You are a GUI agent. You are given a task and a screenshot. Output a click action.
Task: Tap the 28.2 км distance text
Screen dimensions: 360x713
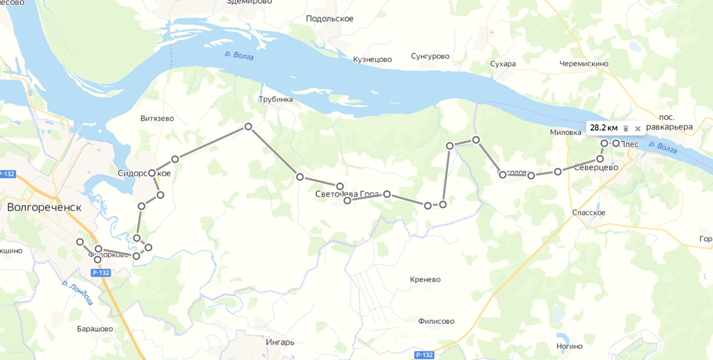point(604,128)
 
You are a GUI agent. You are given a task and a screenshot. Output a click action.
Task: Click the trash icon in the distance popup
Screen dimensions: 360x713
point(626,128)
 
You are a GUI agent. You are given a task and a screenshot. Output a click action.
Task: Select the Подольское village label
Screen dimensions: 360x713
point(330,18)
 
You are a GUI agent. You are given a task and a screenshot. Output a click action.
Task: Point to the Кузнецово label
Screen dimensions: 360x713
point(373,59)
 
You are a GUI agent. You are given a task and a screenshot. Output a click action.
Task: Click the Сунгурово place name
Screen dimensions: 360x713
point(430,56)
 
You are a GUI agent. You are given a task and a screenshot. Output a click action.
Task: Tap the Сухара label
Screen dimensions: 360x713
point(503,64)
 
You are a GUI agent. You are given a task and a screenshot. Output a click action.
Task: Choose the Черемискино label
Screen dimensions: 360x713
point(584,64)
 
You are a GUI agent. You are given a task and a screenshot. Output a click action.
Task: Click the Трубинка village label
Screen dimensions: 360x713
point(276,99)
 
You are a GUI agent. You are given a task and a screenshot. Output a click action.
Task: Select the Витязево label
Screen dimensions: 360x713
point(157,118)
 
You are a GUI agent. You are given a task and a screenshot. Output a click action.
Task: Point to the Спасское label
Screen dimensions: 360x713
point(588,212)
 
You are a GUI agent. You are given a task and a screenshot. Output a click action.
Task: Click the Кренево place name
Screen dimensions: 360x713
point(425,279)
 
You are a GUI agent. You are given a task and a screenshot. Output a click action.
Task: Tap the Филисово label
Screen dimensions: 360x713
point(436,321)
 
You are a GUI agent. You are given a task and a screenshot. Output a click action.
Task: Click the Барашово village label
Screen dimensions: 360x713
point(95,329)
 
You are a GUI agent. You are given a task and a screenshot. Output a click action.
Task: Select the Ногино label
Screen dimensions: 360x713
point(569,346)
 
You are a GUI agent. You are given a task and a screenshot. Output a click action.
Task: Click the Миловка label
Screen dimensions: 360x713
point(566,132)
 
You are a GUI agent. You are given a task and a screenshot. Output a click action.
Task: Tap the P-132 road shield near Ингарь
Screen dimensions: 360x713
point(424,355)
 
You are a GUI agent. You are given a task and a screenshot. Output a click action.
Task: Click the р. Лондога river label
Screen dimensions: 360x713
point(78,293)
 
